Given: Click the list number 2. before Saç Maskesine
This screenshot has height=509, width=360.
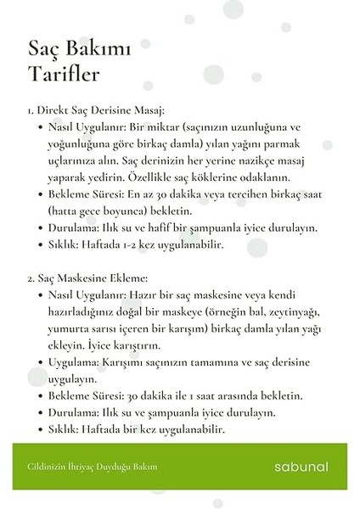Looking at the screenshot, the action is click(x=32, y=277).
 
